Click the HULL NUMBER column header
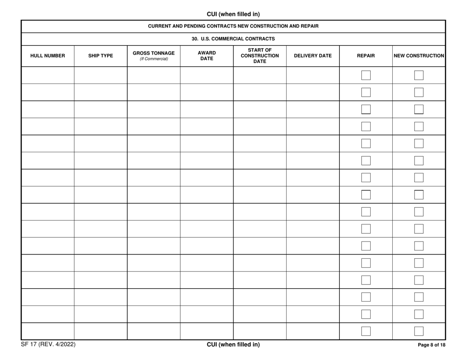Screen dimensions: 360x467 pos(48,56)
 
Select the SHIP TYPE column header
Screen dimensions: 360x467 pos(101,56)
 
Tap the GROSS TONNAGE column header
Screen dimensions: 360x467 pos(154,56)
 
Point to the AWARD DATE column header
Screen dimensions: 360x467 pos(206,56)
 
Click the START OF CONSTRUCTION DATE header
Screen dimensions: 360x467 pos(260,56)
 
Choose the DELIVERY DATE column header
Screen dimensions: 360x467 pos(313,56)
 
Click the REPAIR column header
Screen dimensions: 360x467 pos(366,56)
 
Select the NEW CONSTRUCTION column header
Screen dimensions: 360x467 pos(419,56)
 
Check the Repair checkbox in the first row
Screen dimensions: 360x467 pos(366,75)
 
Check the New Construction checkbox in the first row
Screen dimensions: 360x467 pos(419,75)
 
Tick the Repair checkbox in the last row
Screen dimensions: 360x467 pos(366,332)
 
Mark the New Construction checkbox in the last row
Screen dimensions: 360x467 pos(419,332)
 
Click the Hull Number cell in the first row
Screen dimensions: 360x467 pos(48,75)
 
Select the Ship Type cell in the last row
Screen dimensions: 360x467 pos(101,332)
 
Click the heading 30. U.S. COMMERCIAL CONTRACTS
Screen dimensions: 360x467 pos(233,39)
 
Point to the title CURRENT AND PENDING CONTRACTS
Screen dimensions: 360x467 pos(233,26)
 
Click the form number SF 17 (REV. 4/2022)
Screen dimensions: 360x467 pos(48,345)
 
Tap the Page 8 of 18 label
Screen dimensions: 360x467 pos(431,345)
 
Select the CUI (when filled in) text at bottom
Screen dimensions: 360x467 pos(233,345)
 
